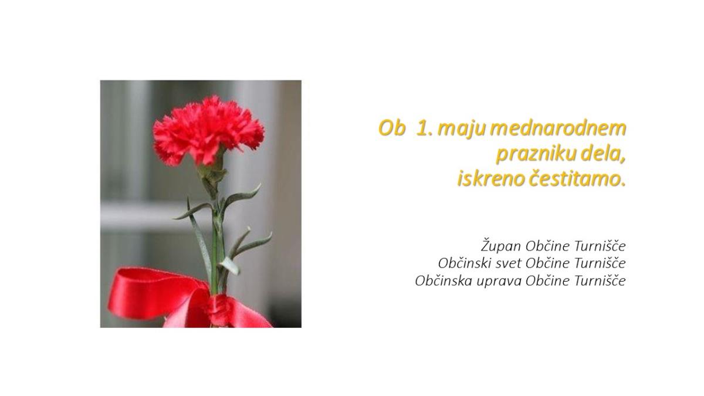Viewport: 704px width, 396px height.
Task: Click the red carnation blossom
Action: coord(209,130)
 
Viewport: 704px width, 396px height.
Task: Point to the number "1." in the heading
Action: coord(424,128)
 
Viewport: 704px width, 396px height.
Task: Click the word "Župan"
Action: coord(501,246)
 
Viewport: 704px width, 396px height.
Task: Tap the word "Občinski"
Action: coord(461,263)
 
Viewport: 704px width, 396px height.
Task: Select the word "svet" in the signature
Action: coord(505,264)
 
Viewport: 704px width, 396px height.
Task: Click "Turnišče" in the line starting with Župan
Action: coord(600,246)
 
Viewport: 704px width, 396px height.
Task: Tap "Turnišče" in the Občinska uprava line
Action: coord(600,280)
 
